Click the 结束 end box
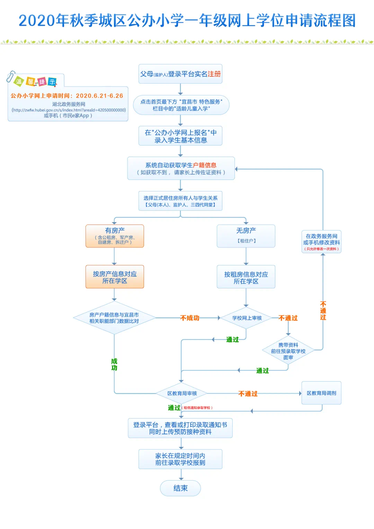click(x=180, y=488)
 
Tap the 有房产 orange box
click(x=115, y=236)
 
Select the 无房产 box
click(x=246, y=236)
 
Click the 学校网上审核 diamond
click(x=247, y=318)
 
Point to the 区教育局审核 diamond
click(x=182, y=394)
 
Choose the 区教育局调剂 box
click(x=321, y=393)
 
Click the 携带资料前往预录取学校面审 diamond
click(x=288, y=351)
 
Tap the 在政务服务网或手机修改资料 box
click(x=321, y=241)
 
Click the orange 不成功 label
click(x=190, y=318)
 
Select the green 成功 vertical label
click(x=114, y=364)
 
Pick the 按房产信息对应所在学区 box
click(x=115, y=277)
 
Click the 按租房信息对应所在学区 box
click(x=246, y=277)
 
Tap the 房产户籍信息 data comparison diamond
click(x=114, y=318)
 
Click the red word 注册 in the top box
click(x=214, y=74)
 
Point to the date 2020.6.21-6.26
click(x=99, y=96)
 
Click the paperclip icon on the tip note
click(x=10, y=77)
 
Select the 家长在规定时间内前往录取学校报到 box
click(x=180, y=459)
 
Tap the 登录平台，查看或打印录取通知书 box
click(x=180, y=428)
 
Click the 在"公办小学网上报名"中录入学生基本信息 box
click(x=180, y=136)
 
